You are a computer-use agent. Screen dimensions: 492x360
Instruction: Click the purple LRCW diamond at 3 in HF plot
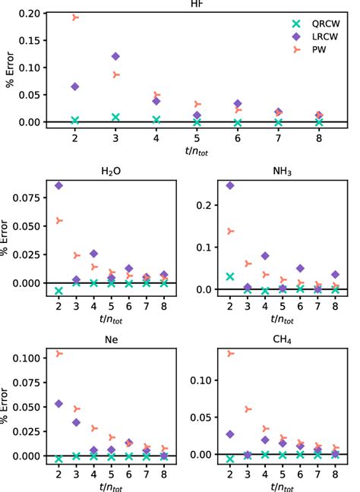(x=115, y=56)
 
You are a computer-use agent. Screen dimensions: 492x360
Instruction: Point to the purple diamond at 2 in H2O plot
(x=59, y=185)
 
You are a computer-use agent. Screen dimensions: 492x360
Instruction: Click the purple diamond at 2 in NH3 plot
(x=230, y=185)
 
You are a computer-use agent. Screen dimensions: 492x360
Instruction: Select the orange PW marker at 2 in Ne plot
(x=59, y=354)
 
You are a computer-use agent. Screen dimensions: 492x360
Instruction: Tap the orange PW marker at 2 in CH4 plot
(x=230, y=353)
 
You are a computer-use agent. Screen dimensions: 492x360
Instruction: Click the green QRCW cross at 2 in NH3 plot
(x=230, y=276)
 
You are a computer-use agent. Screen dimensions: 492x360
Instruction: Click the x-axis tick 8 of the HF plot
(x=319, y=140)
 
